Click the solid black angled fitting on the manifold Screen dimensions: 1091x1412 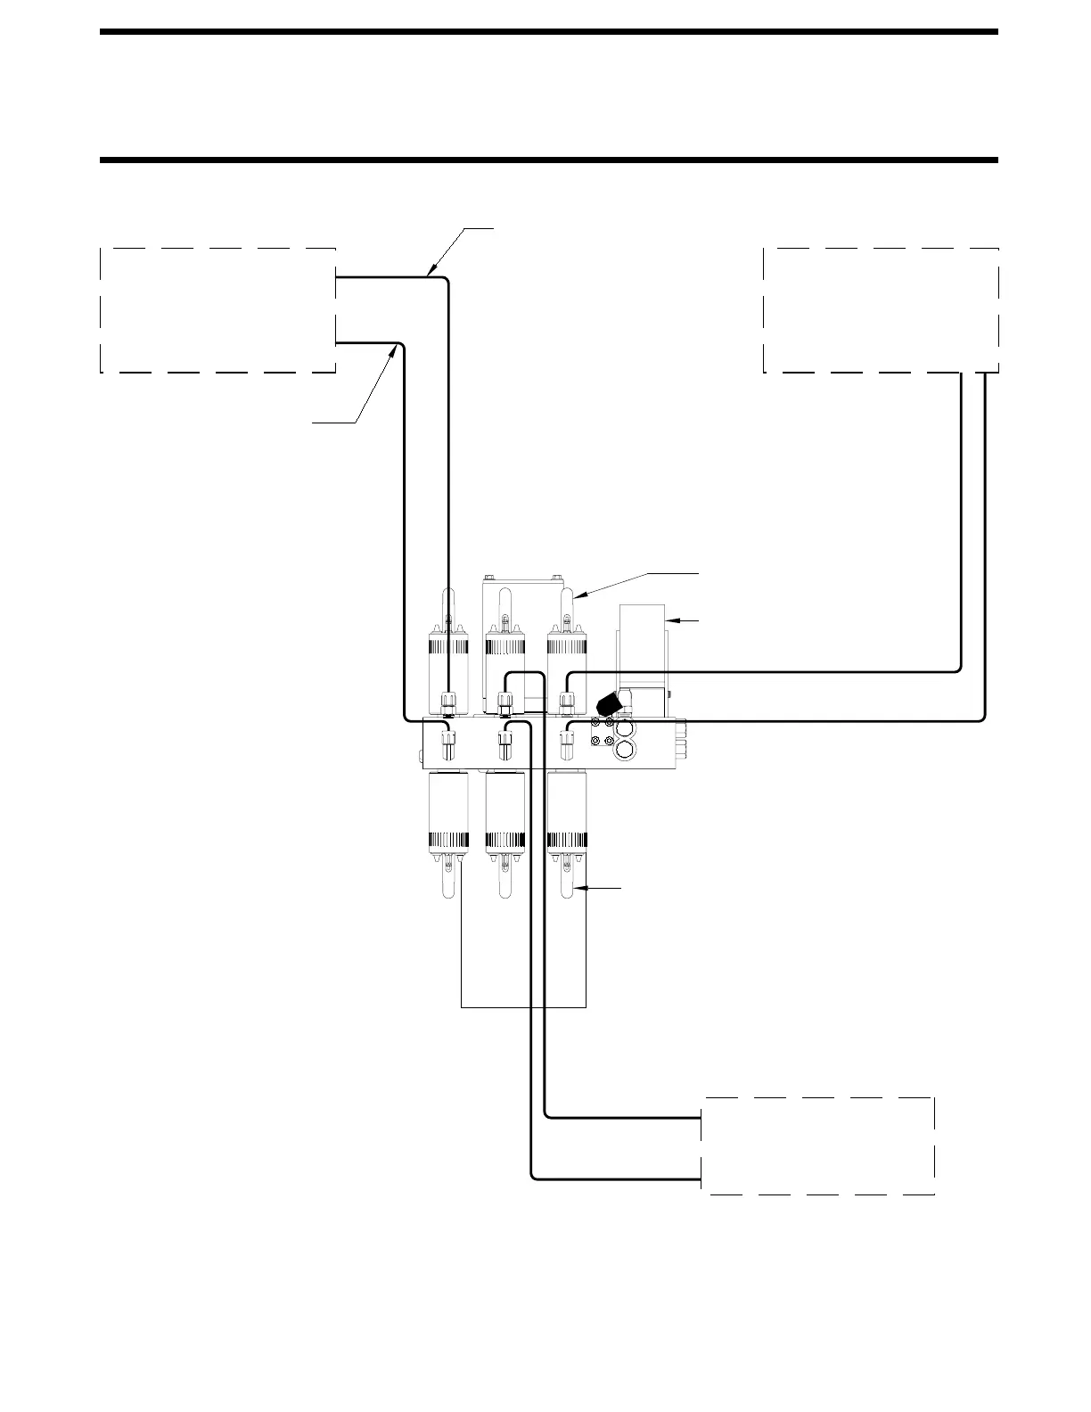coord(609,703)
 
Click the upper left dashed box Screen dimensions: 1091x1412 coord(217,309)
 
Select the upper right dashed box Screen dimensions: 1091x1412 coord(881,309)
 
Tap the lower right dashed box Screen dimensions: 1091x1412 coord(818,1145)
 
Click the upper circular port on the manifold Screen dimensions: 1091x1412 coord(626,729)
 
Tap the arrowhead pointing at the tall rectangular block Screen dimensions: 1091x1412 coord(671,619)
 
